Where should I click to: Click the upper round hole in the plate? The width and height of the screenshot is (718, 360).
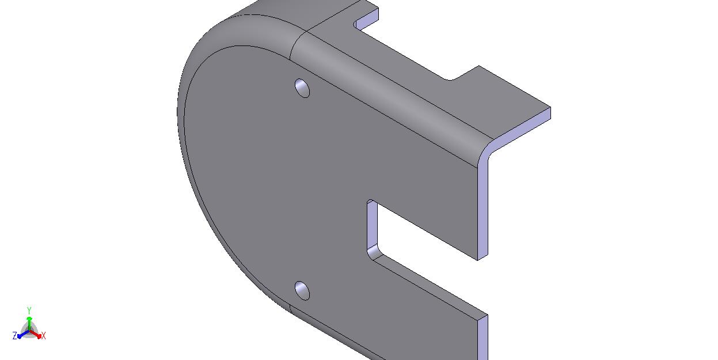click(x=302, y=88)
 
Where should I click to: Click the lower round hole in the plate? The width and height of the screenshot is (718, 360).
click(x=302, y=291)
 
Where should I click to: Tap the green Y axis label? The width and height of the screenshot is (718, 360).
click(x=29, y=310)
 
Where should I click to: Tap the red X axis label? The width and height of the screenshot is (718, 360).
click(x=44, y=336)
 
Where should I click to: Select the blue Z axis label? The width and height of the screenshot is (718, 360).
click(x=15, y=336)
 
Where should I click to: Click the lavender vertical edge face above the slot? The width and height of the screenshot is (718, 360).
click(x=483, y=209)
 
